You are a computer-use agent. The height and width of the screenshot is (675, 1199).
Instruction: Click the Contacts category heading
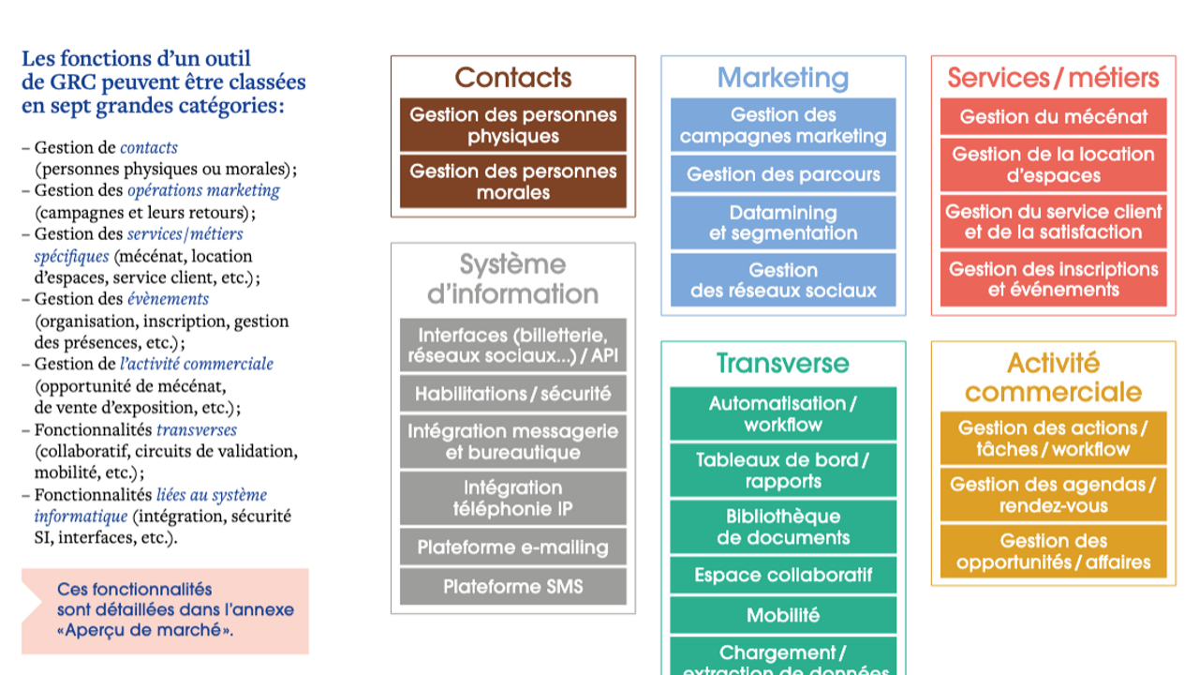click(x=512, y=77)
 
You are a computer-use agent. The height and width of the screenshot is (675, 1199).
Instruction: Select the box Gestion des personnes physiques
click(x=512, y=126)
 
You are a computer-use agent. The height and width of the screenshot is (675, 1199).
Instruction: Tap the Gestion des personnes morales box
click(x=512, y=182)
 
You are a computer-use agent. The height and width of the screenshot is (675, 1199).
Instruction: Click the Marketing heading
click(x=783, y=78)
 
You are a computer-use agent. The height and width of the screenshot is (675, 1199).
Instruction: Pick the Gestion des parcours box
click(x=783, y=174)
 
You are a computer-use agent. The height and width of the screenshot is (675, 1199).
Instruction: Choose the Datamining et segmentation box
click(x=783, y=223)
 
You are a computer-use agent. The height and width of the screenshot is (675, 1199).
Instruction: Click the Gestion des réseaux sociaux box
click(x=783, y=280)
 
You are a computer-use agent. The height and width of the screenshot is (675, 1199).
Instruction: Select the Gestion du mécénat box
click(x=1053, y=117)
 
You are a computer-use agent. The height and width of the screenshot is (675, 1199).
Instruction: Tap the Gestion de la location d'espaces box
click(x=1053, y=165)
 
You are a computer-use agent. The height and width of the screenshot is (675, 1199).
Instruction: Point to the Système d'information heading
click(x=512, y=278)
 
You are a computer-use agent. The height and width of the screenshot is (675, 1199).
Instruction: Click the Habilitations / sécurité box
click(x=512, y=395)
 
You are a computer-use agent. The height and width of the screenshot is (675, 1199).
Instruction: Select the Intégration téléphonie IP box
click(x=512, y=499)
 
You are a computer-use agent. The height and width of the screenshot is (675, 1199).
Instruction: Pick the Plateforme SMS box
click(x=512, y=587)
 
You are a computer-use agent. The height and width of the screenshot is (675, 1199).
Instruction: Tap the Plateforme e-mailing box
click(x=512, y=547)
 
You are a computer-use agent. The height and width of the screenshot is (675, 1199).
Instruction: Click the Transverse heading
click(x=783, y=363)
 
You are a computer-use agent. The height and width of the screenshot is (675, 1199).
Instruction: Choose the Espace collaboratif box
click(x=783, y=576)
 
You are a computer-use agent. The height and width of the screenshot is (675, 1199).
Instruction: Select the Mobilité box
click(x=783, y=616)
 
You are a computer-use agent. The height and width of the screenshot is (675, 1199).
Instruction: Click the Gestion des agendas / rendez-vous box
click(x=1053, y=495)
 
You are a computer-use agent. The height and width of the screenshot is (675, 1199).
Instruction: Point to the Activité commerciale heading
click(x=1053, y=377)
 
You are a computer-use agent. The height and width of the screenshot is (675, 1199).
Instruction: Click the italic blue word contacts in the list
click(x=149, y=147)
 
